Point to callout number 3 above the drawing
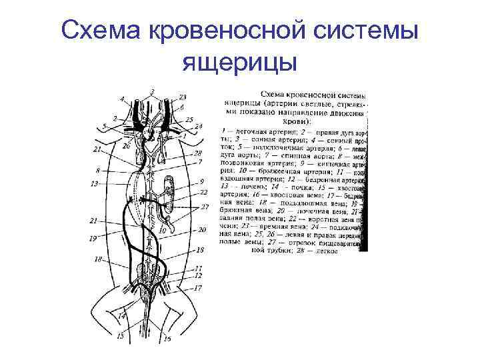[152, 91]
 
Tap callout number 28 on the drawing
[198, 153]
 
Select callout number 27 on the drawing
[206, 207]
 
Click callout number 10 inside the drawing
[162, 231]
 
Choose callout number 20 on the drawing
[202, 229]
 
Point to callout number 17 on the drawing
[198, 288]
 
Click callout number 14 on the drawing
[121, 316]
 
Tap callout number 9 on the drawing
[201, 181]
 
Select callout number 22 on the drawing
[203, 192]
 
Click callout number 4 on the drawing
[122, 99]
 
